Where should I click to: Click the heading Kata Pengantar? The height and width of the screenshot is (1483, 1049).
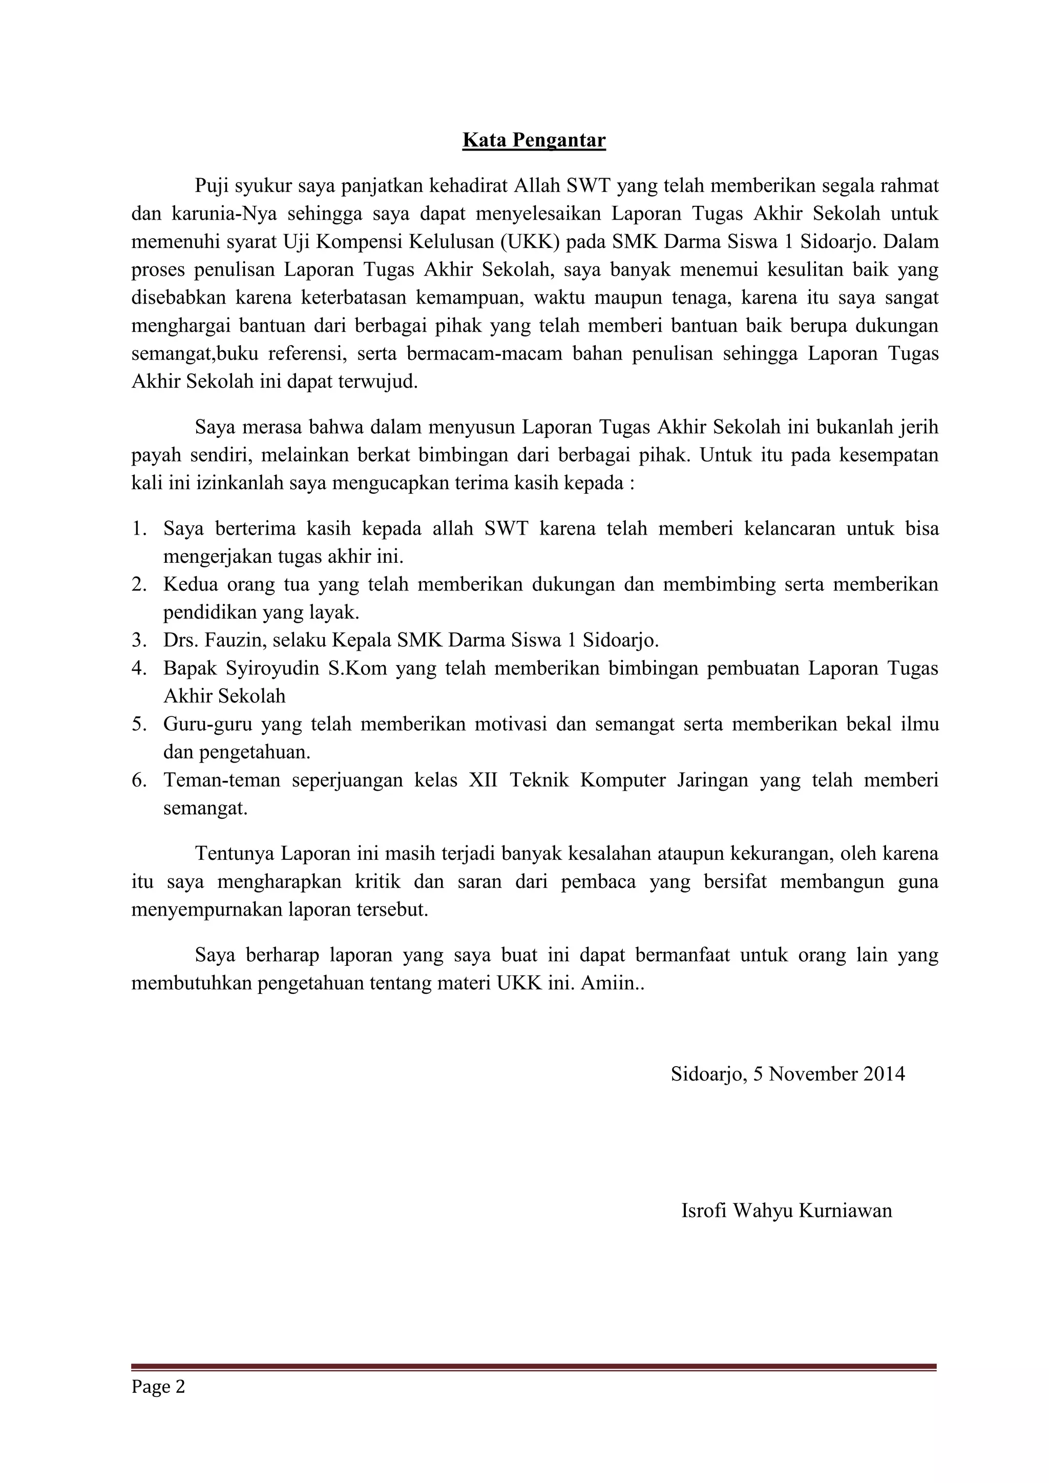(x=534, y=140)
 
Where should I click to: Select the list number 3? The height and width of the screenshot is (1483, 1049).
(x=139, y=640)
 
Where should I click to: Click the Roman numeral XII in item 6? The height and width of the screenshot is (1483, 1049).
(x=482, y=780)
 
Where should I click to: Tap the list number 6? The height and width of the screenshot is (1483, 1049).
(x=139, y=780)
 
